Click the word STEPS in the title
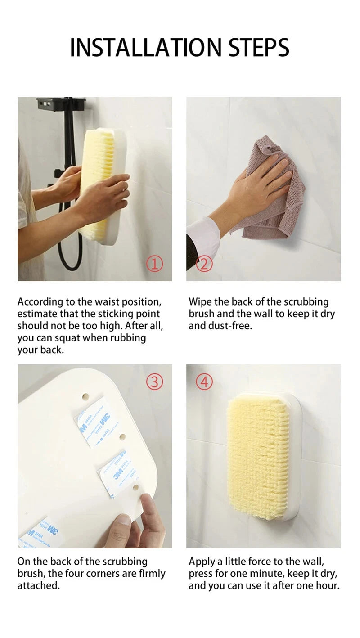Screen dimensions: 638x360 258,48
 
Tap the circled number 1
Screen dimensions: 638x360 155,264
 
